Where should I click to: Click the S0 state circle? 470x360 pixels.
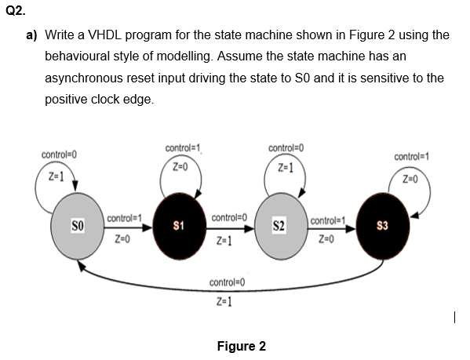78,226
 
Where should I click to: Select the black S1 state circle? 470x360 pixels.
179,226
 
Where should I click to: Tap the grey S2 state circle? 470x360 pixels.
281,226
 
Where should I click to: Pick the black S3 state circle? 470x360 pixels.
382,226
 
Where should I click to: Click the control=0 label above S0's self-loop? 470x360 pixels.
59,155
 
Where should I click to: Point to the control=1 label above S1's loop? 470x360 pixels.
183,148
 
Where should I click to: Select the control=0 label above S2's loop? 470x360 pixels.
286,148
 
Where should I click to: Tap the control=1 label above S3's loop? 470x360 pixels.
412,156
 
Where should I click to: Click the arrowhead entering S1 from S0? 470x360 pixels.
148,228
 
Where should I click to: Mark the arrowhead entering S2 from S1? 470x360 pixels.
249,229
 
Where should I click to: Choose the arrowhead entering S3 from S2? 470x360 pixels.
351,229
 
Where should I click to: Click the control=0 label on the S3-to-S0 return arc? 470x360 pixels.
227,282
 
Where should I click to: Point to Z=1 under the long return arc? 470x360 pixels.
224,301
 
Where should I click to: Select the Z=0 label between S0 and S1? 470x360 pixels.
122,239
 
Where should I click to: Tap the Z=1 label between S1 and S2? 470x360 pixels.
224,240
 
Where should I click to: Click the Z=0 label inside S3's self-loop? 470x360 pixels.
410,179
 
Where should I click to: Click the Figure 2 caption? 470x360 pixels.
242,346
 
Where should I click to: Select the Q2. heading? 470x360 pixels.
16,11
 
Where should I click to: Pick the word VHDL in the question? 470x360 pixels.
104,35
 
